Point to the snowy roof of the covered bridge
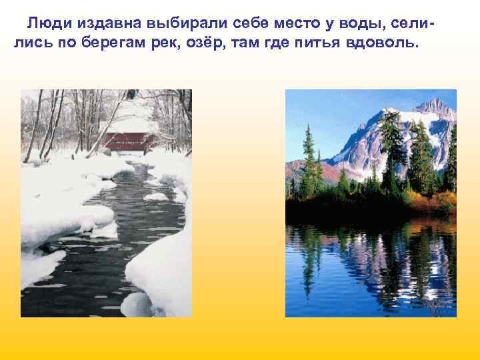click(130, 125)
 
